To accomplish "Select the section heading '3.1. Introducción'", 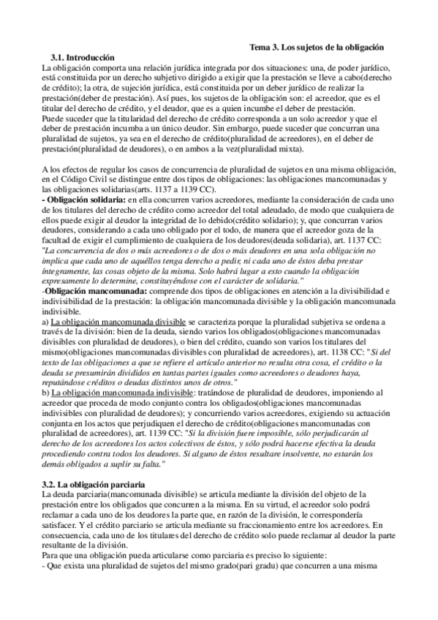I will (x=83, y=57).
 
